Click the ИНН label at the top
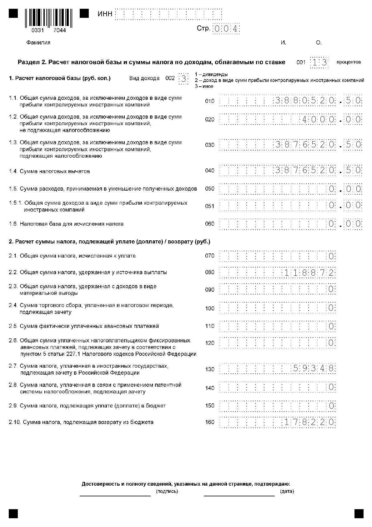click(x=105, y=14)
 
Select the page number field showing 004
click(x=226, y=29)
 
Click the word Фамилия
click(x=38, y=43)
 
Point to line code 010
click(x=210, y=101)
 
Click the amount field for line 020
click(x=291, y=120)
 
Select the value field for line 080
click(x=278, y=273)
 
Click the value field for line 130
click(x=278, y=368)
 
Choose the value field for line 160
click(x=278, y=422)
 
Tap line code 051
click(x=210, y=206)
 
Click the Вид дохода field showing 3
click(x=183, y=79)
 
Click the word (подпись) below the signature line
click(x=167, y=491)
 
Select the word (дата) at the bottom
click(x=287, y=491)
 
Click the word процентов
click(x=349, y=62)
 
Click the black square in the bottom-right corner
click(x=359, y=514)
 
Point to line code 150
click(x=210, y=406)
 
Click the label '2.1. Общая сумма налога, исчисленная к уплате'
click(x=72, y=256)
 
